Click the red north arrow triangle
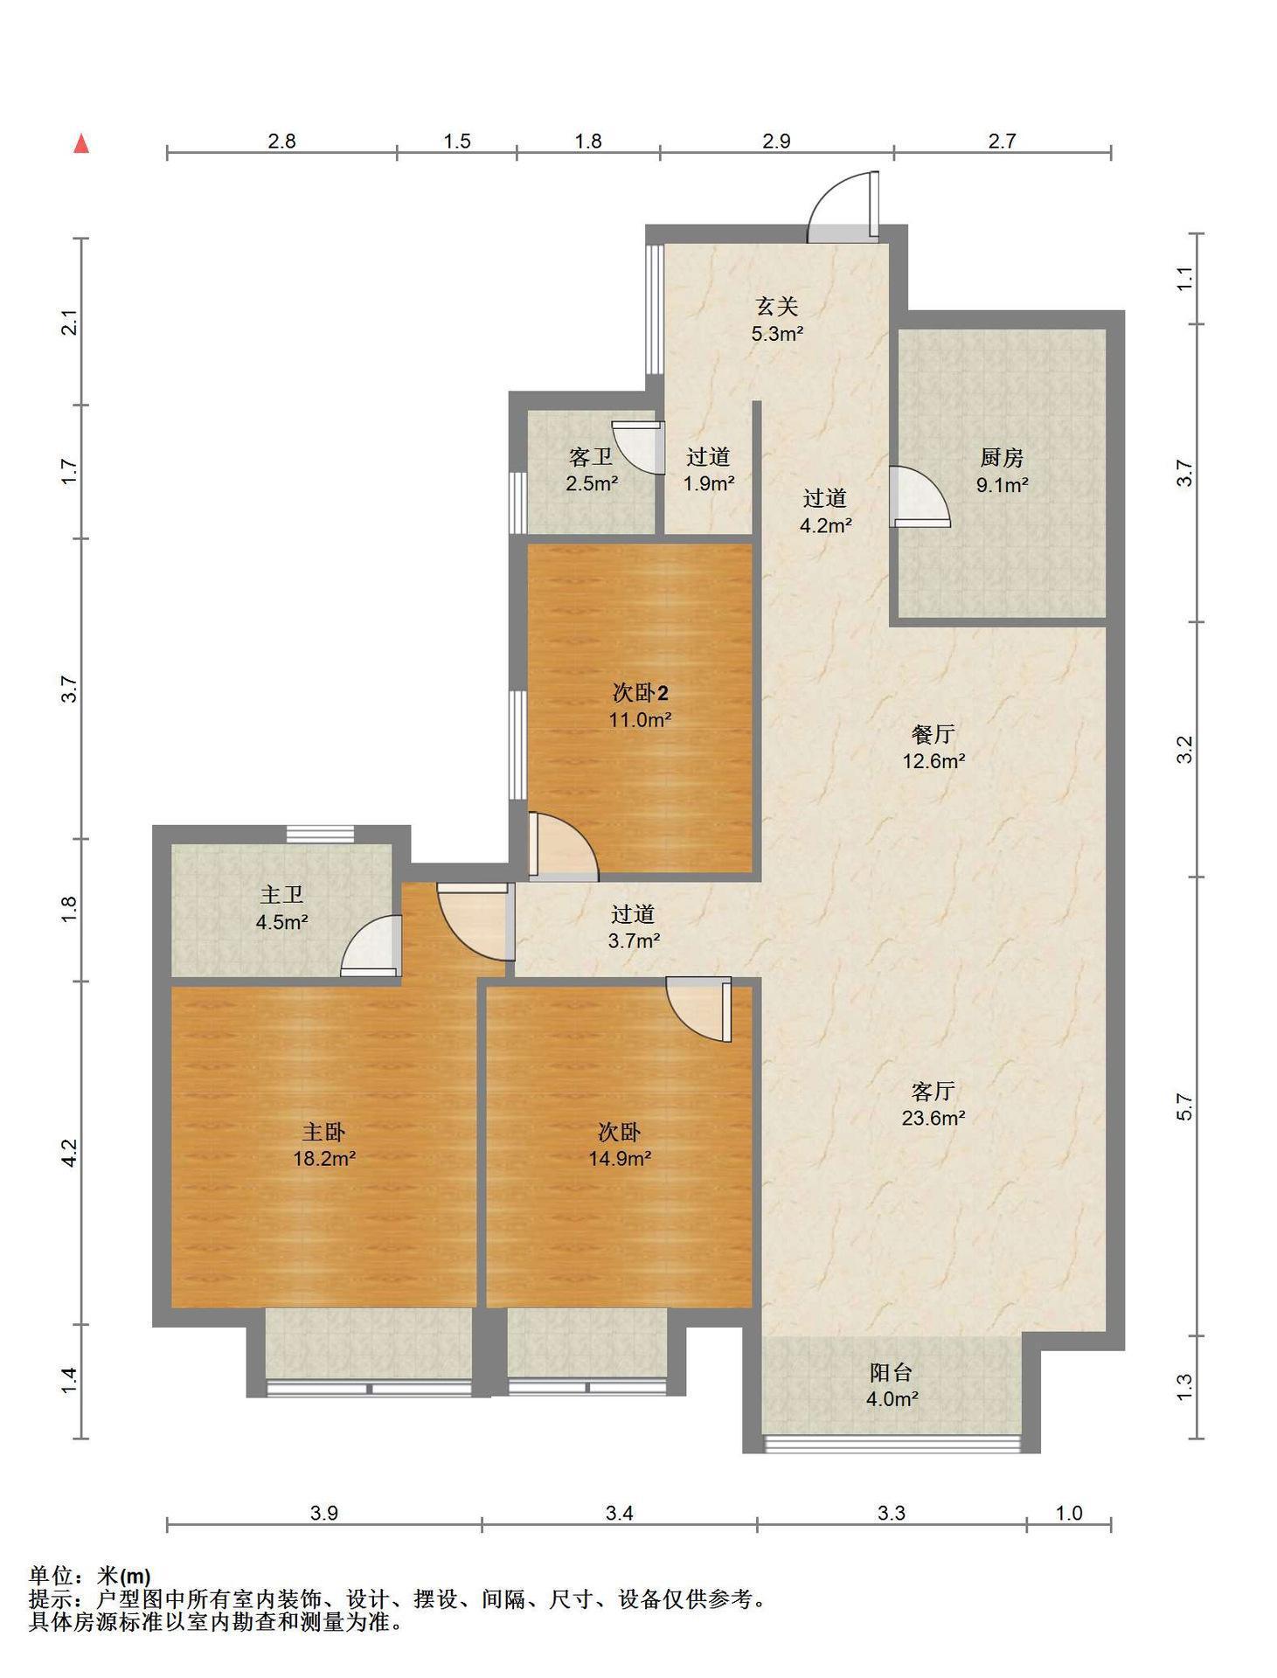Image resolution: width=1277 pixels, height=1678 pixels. coord(81,143)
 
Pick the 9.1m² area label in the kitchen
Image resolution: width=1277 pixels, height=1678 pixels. coord(1002,485)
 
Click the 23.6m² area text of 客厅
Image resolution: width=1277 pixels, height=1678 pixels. coord(933,1117)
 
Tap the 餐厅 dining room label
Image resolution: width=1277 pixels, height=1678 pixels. coord(933,734)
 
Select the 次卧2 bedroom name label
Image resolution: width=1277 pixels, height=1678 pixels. coord(640,694)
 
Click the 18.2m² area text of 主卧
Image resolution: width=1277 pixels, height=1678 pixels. coord(324,1159)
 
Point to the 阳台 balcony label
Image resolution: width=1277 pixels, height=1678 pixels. coord(891,1372)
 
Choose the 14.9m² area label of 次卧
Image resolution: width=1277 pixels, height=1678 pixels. coord(619,1159)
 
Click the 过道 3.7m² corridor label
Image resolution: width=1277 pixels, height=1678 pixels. coord(634,927)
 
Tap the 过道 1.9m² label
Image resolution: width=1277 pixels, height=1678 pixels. coord(708,469)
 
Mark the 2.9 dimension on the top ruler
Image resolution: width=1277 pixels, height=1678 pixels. coord(776,141)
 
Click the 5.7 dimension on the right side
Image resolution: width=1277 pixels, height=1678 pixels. coord(1184,1106)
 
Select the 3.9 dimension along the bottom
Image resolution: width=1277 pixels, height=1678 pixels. coord(324,1512)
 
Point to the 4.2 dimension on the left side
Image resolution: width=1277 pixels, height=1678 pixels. coord(71,1152)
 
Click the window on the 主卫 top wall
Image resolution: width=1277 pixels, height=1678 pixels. coord(320,834)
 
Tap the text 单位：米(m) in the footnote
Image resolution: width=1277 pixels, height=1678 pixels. coord(90,1576)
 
